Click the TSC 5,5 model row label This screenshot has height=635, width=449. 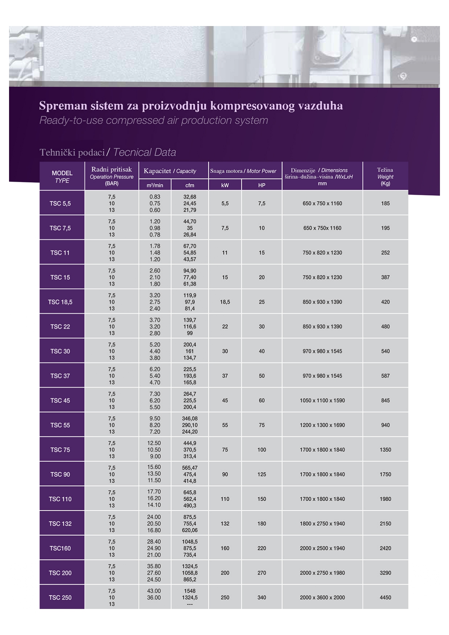(x=60, y=203)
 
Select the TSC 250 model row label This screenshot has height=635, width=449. (x=60, y=597)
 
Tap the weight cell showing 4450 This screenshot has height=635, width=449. (x=385, y=597)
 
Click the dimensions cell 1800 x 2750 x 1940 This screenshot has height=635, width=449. (x=322, y=524)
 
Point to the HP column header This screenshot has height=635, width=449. (x=262, y=185)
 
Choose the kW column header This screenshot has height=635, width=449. (x=225, y=185)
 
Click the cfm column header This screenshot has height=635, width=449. (x=190, y=185)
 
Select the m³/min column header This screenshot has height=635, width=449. (x=155, y=185)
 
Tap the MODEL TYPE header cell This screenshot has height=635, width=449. (x=62, y=177)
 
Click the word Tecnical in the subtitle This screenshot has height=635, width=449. (x=128, y=152)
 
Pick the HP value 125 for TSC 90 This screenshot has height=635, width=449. (x=262, y=474)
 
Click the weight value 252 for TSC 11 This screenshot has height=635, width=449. (x=385, y=253)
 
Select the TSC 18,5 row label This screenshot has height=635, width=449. (x=60, y=302)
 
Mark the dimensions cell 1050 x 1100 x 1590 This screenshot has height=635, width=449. (x=322, y=401)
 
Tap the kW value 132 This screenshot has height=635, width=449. (x=225, y=524)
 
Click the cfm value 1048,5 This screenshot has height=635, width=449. (x=190, y=542)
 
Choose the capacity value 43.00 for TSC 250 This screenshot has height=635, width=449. (x=154, y=591)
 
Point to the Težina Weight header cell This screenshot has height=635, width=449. (x=385, y=176)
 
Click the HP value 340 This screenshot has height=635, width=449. (x=262, y=597)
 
